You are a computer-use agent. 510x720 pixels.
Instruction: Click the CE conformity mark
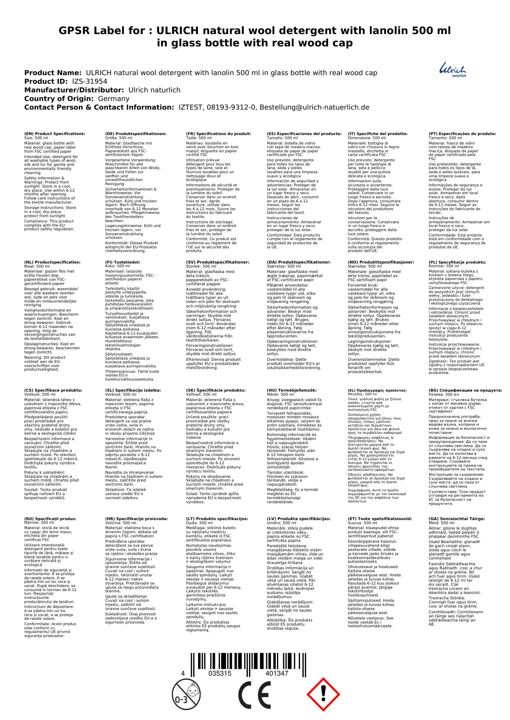(x=255, y=695)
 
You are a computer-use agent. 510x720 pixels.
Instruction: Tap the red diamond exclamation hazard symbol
(x=323, y=695)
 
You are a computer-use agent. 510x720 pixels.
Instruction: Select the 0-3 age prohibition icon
(x=186, y=695)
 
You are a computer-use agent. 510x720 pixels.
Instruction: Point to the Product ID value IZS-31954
(x=90, y=81)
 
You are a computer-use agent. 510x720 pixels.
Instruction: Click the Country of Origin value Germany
(x=113, y=99)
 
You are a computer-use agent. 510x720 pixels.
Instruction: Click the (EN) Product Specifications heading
(x=55, y=134)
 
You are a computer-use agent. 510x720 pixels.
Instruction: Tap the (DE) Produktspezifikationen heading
(x=136, y=134)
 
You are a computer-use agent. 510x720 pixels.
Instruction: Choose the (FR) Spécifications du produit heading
(x=218, y=134)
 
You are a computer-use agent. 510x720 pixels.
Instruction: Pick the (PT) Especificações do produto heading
(x=462, y=134)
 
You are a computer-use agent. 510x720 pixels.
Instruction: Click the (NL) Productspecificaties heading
(x=52, y=262)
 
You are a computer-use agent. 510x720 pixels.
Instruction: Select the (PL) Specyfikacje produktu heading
(x=457, y=262)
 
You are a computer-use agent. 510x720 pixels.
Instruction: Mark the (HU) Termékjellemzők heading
(x=292, y=390)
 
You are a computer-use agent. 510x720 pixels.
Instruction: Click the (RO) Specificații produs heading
(x=50, y=519)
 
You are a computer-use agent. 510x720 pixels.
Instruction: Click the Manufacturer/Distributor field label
(x=74, y=90)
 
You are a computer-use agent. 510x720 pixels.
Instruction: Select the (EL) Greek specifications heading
(x=377, y=390)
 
